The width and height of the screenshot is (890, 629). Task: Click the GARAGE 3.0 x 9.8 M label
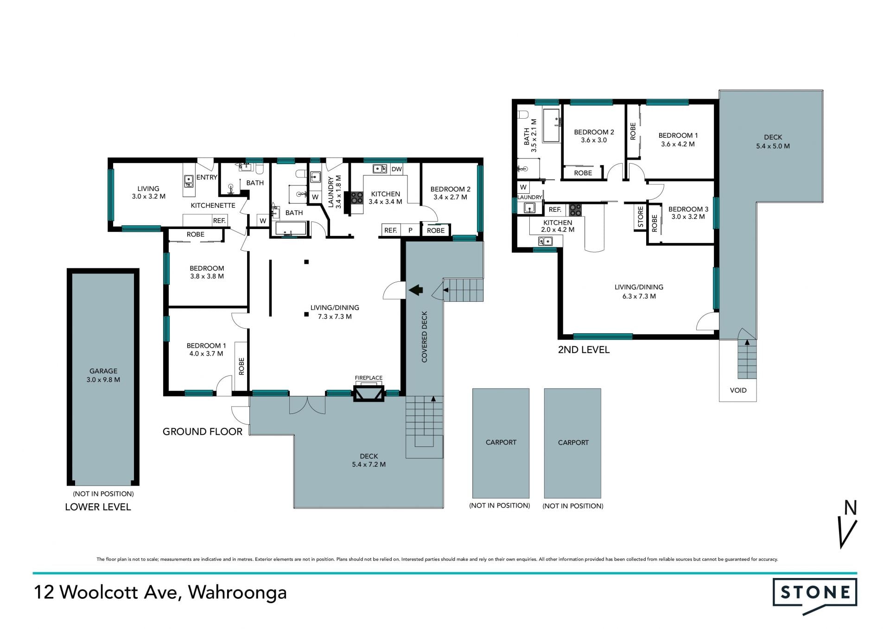click(x=103, y=375)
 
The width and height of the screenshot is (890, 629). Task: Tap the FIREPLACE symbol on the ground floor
click(x=369, y=394)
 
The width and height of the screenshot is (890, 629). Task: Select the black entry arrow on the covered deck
click(x=416, y=290)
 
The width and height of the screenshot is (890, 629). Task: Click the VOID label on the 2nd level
click(x=738, y=390)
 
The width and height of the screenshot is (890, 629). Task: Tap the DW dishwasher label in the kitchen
click(x=396, y=169)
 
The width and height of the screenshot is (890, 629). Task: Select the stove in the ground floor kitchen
click(x=356, y=198)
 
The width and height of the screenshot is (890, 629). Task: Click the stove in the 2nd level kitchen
click(x=575, y=210)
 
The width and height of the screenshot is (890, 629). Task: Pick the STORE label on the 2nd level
click(x=641, y=217)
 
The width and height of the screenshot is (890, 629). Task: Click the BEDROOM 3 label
click(x=688, y=213)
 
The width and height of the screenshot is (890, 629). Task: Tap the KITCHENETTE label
click(x=213, y=205)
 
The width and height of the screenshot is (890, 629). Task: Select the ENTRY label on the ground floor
click(x=207, y=177)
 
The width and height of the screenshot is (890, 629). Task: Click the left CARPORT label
click(x=501, y=442)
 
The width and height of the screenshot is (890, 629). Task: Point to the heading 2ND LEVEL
click(x=584, y=350)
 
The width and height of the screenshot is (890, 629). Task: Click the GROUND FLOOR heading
click(x=203, y=432)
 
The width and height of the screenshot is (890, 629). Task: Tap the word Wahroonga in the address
click(x=237, y=593)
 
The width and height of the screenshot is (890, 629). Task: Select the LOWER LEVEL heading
click(x=98, y=507)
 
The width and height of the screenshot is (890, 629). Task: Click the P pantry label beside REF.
click(x=410, y=230)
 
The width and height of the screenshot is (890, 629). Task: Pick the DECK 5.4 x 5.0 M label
click(x=773, y=141)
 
